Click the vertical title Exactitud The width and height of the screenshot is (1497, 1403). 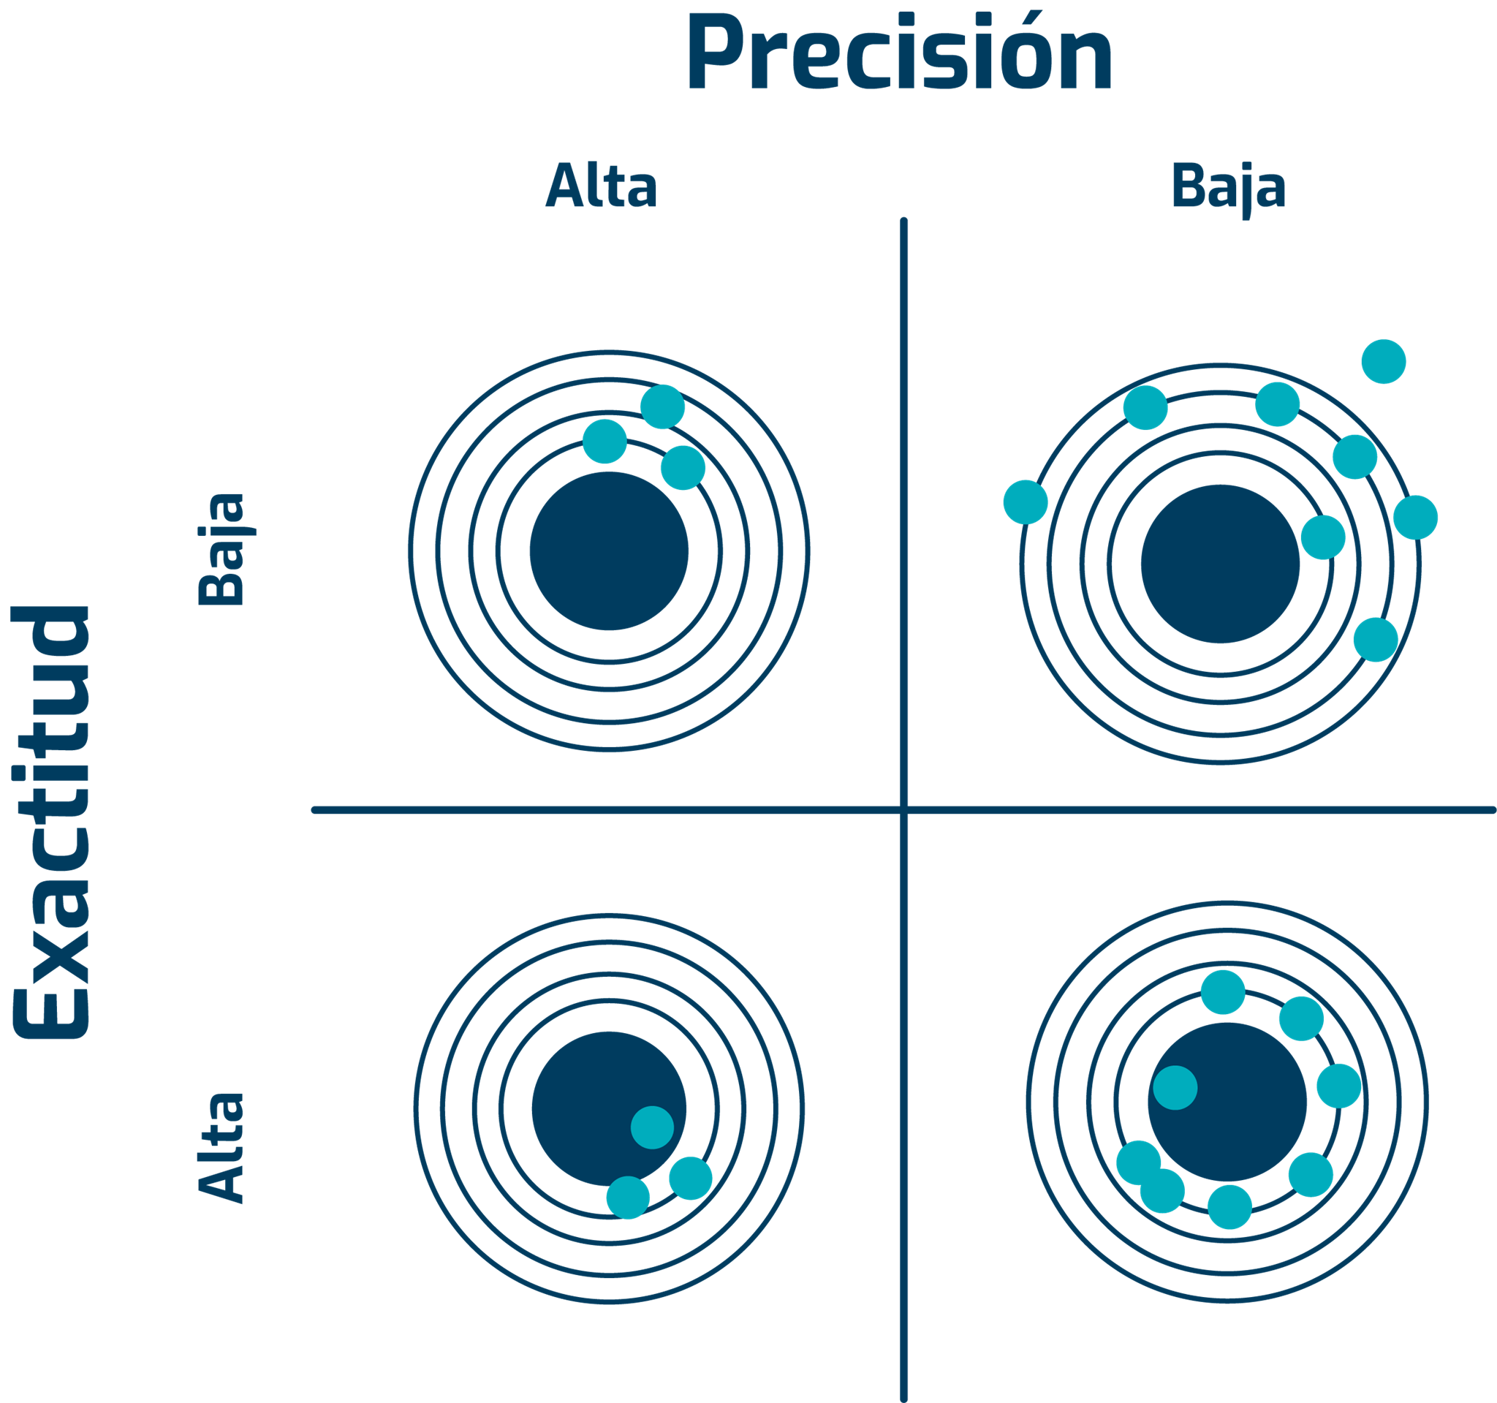point(51,822)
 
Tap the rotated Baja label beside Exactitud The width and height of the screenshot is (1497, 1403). point(221,549)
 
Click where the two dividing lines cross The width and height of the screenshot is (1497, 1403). point(903,810)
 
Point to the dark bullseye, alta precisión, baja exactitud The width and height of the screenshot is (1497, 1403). point(608,551)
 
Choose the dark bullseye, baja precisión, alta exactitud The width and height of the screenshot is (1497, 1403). point(1227,1102)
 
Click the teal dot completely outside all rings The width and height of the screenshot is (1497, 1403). point(1383,361)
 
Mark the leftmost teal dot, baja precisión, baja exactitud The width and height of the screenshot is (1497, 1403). point(1026,502)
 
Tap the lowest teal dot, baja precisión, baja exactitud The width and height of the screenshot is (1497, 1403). point(1376,640)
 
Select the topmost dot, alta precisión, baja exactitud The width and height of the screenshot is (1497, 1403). point(663,406)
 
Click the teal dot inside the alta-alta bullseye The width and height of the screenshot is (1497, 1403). point(652,1127)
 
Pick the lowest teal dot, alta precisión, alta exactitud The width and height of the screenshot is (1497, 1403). point(628,1198)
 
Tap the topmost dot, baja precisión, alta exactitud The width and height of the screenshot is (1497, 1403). point(1223,992)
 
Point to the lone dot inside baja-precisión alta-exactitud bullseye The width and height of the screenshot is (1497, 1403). point(1175,1087)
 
